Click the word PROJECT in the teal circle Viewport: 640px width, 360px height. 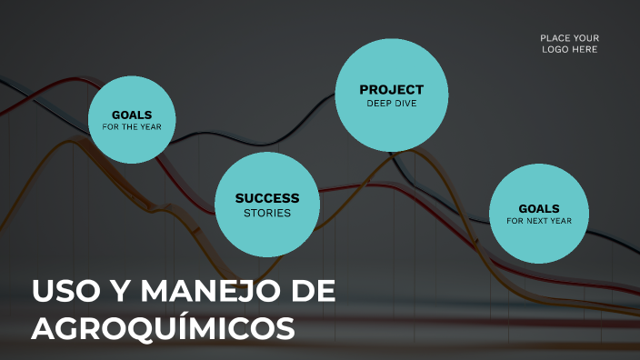click(391, 89)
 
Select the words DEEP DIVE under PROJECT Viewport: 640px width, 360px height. click(391, 104)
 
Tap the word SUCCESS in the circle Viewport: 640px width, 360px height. click(266, 198)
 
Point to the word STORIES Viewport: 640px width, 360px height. click(266, 214)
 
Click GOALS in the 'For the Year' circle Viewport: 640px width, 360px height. click(132, 115)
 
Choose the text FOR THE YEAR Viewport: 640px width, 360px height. click(132, 127)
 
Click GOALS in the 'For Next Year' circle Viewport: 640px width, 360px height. click(539, 208)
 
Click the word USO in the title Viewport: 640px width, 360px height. click(62, 292)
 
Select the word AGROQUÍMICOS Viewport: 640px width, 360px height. click(164, 328)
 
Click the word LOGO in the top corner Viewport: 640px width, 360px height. click(556, 49)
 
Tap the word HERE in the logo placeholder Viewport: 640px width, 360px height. click(585, 49)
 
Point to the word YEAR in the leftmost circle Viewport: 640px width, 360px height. click(150, 127)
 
